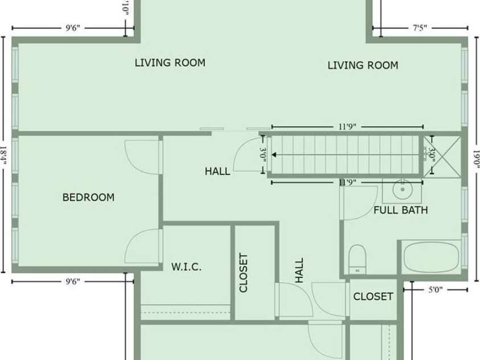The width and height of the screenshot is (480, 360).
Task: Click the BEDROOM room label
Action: (88, 198)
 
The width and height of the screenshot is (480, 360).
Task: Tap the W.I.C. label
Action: (186, 267)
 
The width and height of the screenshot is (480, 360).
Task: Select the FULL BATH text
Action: (400, 210)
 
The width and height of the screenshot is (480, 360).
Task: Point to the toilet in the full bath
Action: (358, 259)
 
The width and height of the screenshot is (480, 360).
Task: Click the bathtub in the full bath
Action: (431, 258)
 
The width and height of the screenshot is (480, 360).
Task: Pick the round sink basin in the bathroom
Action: (403, 189)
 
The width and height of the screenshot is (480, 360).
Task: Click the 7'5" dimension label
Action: (420, 27)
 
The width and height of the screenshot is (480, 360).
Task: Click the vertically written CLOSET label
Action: (244, 273)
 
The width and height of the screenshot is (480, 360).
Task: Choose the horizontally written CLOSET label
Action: (373, 297)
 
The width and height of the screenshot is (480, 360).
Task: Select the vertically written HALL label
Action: (300, 270)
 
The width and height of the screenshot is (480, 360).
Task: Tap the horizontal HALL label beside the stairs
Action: (218, 171)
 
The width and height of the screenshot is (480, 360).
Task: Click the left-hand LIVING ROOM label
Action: (170, 63)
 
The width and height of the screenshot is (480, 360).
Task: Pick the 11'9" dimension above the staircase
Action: (347, 126)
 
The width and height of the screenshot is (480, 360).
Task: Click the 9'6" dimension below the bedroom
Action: (72, 281)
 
